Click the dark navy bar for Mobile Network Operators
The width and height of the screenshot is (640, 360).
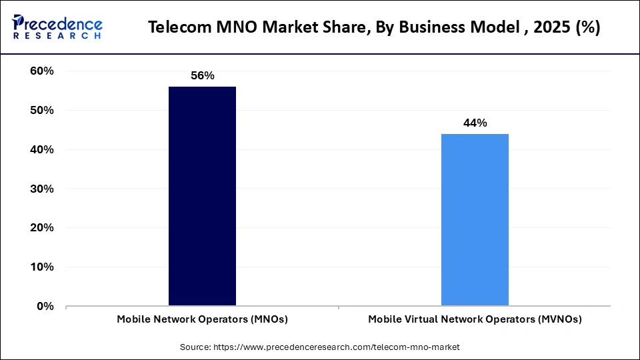[x=202, y=196]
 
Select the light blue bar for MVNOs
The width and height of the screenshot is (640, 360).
[x=475, y=219]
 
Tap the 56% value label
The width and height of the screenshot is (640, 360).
[x=202, y=76]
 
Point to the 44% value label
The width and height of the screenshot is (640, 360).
[x=475, y=123]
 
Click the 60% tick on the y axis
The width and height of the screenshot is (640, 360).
[x=42, y=71]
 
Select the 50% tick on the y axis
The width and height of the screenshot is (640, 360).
[x=42, y=111]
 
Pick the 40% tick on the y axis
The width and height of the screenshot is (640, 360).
[x=42, y=150]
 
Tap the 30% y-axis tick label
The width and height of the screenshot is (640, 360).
[x=42, y=189]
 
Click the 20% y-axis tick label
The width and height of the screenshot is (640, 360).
[x=42, y=228]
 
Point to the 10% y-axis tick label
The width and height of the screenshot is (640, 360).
[x=42, y=267]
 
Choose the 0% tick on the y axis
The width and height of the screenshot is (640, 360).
[x=45, y=307]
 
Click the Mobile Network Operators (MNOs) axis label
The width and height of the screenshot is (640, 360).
[x=202, y=319]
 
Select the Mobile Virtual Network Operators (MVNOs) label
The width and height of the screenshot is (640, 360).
[x=475, y=319]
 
